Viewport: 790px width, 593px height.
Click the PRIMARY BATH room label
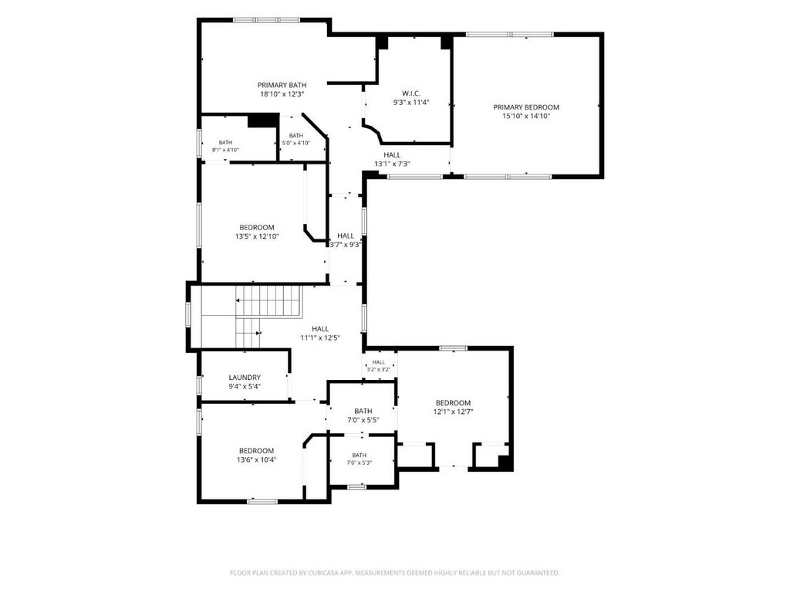coord(282,85)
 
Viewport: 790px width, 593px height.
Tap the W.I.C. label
coord(411,93)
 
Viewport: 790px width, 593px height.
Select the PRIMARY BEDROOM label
coord(526,107)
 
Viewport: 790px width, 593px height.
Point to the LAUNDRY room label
coord(245,378)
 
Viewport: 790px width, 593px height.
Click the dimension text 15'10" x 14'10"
coord(526,116)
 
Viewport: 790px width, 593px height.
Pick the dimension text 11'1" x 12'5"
coord(320,338)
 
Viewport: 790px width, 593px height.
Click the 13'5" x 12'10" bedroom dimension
coord(257,236)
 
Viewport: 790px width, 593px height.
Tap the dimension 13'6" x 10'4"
coord(256,459)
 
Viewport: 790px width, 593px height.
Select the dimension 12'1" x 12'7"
coord(453,412)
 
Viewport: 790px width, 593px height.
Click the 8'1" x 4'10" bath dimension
coord(225,150)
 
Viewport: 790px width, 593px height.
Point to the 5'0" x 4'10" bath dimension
coord(296,143)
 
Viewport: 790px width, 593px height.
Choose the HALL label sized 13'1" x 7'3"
coord(392,155)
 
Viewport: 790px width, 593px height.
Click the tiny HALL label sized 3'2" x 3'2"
coord(378,362)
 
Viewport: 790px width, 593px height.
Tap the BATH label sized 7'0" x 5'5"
coord(363,412)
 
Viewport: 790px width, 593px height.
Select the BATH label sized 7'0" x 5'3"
coord(360,456)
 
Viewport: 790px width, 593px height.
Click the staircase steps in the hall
coord(268,301)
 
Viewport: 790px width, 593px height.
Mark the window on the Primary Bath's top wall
coord(266,20)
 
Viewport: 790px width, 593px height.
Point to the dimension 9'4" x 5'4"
coord(245,387)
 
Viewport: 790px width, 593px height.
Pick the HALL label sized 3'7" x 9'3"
coord(346,236)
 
